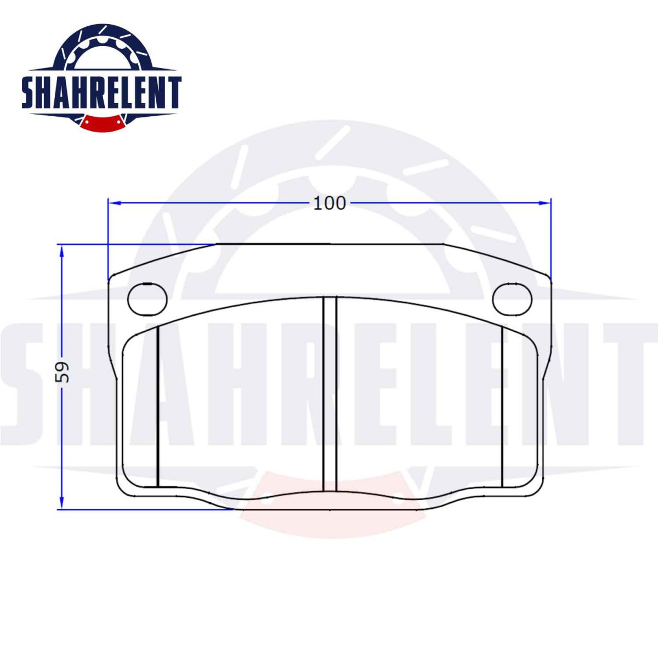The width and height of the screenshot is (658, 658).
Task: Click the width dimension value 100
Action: pos(330,203)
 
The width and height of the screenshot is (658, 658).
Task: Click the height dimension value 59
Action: pos(62,372)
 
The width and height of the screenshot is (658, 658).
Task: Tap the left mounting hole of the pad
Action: pos(148,299)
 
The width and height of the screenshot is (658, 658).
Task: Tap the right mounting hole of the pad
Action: pos(512,299)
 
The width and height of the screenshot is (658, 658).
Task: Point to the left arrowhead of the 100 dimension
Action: pos(115,203)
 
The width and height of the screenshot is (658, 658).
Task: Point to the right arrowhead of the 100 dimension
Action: pos(544,203)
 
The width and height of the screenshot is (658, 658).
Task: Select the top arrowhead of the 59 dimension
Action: pos(62,252)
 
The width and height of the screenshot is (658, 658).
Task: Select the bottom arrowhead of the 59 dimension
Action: pos(62,502)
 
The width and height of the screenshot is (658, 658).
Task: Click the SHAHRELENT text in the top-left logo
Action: pos(101,92)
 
